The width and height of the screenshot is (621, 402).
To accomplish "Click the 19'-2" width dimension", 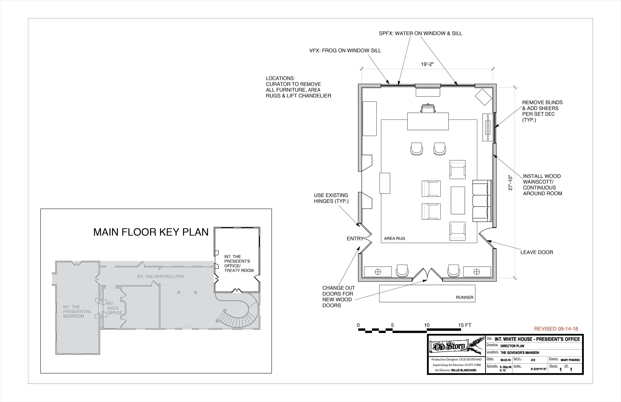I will point(427,64).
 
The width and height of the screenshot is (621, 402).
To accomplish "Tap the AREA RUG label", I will point(394,238).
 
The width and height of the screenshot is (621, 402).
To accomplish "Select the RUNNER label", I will point(464,297).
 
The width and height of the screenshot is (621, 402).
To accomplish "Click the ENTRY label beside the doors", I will point(355,239).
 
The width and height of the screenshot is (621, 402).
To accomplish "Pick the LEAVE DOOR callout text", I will point(537,252).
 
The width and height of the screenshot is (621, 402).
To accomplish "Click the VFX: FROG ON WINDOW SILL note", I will point(345,51).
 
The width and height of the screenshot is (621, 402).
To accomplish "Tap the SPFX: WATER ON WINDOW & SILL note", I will point(420,33).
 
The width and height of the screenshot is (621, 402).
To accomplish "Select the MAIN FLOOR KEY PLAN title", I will point(151,232).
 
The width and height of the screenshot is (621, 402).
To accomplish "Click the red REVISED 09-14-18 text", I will point(556,329).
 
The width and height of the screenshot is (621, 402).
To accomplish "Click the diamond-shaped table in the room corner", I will point(483,97).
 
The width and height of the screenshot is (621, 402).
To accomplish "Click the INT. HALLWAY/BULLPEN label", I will point(160,277).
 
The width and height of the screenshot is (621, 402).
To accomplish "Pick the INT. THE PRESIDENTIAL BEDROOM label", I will point(77,311).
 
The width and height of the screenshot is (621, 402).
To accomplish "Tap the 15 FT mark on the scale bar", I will point(465,325).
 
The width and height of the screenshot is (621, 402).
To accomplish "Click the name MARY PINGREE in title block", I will point(570,360).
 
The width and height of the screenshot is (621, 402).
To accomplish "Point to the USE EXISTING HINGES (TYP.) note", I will point(331,198).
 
